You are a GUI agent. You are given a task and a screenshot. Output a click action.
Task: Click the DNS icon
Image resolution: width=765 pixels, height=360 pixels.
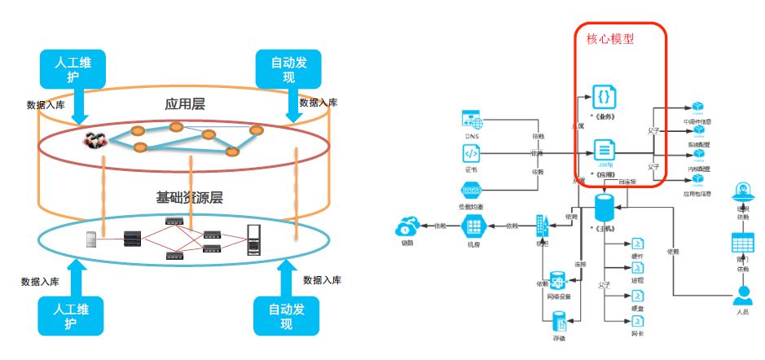pyautogui.click(x=473, y=121)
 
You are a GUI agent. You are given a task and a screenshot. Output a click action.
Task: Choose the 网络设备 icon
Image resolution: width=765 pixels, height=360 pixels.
pyautogui.click(x=558, y=281)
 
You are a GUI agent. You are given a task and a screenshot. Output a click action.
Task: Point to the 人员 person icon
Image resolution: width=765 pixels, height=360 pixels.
pyautogui.click(x=742, y=296)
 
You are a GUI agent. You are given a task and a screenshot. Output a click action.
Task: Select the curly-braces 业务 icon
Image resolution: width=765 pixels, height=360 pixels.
pyautogui.click(x=604, y=98)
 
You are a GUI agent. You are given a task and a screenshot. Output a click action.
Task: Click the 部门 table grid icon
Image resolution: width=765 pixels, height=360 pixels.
pyautogui.click(x=742, y=243)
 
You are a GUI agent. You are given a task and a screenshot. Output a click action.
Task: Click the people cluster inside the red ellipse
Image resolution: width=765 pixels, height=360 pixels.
pyautogui.click(x=97, y=139)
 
